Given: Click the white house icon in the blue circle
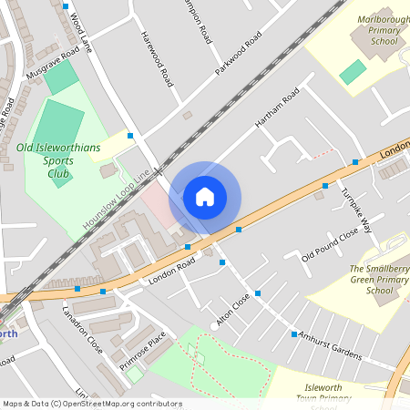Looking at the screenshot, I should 205,197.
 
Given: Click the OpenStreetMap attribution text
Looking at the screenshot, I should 92,403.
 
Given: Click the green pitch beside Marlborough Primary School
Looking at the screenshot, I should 353,71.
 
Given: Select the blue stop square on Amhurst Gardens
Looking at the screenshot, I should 293,334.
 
